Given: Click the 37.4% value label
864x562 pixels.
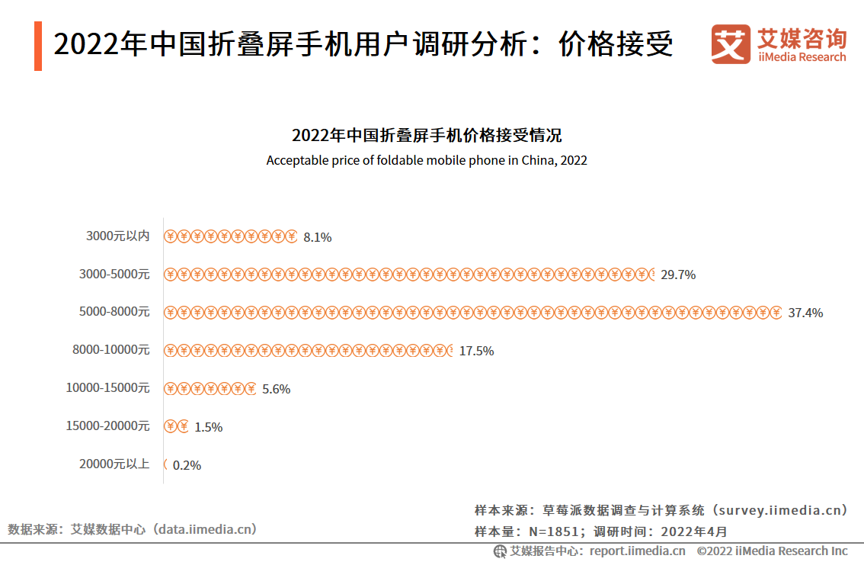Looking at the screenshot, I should (x=805, y=313).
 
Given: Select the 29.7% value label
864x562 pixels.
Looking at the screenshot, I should (x=678, y=275).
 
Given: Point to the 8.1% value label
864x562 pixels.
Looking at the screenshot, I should (x=317, y=237).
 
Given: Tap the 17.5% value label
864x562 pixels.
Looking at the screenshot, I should (x=476, y=351).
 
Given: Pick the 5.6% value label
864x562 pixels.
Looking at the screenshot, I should (x=276, y=389).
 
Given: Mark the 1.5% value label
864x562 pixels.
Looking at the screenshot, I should (x=208, y=427).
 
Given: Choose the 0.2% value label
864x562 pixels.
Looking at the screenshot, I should (x=187, y=465).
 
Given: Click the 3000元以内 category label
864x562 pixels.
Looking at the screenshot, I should (x=118, y=236).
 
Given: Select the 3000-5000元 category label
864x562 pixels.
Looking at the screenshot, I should (x=114, y=274).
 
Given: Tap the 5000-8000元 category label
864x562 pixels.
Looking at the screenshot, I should (x=114, y=312).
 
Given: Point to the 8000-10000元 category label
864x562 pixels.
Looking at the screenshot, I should (x=111, y=350).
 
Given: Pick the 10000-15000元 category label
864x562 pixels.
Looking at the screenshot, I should (x=108, y=388).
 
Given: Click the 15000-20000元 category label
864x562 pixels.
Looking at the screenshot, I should (x=108, y=426).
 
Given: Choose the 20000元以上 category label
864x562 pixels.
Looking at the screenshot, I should (x=114, y=464).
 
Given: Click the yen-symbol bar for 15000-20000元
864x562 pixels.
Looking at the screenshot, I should (x=176, y=427).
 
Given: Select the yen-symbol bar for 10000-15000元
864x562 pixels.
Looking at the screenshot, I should (x=210, y=389).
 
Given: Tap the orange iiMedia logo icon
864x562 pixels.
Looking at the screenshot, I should (x=731, y=44).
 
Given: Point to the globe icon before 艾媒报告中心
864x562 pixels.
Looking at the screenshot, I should (x=500, y=551).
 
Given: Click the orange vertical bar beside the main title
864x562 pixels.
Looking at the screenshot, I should (x=38, y=46).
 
